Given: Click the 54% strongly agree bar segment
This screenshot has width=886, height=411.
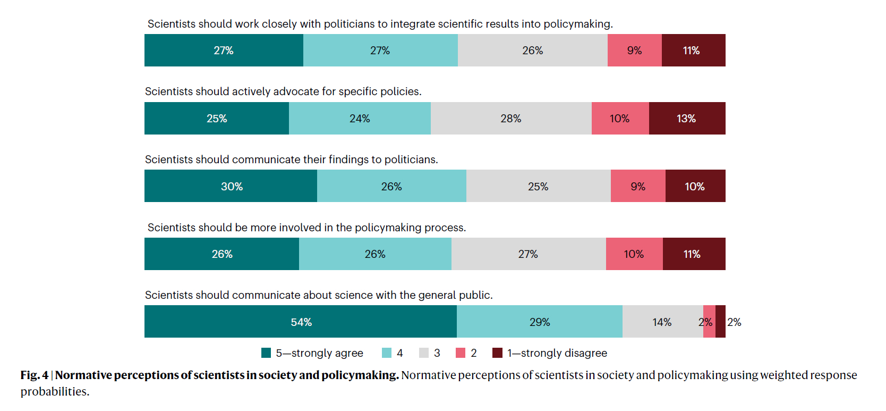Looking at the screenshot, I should click(301, 322).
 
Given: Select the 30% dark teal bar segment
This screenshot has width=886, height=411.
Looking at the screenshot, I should click(231, 186).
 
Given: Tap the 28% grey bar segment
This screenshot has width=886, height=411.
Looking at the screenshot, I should click(511, 119).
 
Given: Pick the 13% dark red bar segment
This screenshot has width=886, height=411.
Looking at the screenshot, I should click(687, 119).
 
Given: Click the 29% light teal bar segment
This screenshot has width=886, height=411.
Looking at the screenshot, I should click(540, 322).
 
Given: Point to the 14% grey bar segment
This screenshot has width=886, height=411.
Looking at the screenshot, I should click(662, 322).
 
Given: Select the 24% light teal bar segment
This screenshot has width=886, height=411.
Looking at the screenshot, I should click(360, 119).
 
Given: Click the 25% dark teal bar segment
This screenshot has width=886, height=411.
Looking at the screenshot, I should click(217, 119).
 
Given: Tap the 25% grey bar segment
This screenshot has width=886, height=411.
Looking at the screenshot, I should click(538, 186).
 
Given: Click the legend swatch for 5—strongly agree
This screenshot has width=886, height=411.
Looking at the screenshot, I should click(266, 353).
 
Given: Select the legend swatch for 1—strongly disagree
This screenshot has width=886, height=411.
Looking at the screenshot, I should click(497, 353).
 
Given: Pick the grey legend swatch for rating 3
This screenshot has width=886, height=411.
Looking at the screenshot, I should click(424, 353).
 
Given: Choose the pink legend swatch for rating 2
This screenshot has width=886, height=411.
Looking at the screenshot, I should click(461, 353).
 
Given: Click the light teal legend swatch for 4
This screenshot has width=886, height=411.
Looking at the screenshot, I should click(387, 353).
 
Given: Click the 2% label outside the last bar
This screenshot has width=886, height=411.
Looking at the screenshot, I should click(734, 322).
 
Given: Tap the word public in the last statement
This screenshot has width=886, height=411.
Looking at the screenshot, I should click(475, 295).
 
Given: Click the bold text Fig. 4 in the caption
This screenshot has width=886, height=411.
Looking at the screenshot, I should click(35, 375).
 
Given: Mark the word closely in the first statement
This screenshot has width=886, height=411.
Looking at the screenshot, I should click(279, 24).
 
